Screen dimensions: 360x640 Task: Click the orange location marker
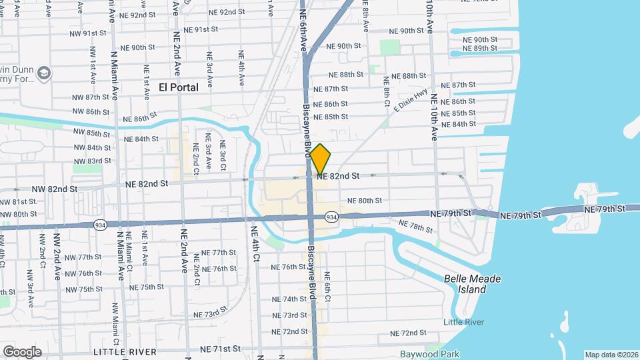click(321, 159)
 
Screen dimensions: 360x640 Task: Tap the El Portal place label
click(179, 87)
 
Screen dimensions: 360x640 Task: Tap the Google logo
click(22, 351)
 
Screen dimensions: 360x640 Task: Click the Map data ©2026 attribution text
click(611, 355)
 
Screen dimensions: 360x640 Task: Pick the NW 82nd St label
click(55, 189)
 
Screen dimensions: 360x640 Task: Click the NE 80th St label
click(365, 200)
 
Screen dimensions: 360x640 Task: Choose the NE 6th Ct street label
click(327, 289)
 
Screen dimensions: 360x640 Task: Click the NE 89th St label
click(479, 48)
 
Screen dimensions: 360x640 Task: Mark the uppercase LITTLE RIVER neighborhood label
click(125, 351)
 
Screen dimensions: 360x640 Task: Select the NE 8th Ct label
click(385, 90)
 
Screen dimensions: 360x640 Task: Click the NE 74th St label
click(289, 299)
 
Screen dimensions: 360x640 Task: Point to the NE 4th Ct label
click(254, 244)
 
